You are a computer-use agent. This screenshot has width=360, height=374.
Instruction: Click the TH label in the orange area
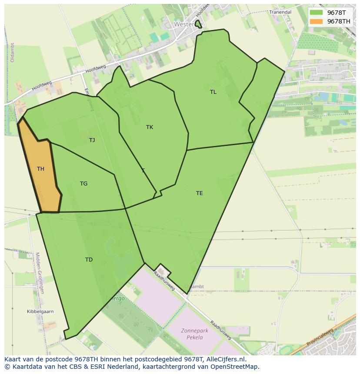[x=40, y=169]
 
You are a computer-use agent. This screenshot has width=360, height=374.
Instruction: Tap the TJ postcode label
[x=92, y=140]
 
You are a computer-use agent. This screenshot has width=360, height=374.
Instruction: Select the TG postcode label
[x=83, y=184]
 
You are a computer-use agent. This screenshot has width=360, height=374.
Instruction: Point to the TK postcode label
[x=150, y=127]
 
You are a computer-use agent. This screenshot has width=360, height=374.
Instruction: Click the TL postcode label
[x=213, y=92]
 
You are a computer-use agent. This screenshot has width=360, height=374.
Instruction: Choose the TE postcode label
[x=199, y=193]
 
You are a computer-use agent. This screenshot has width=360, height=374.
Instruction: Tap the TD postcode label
[x=89, y=260]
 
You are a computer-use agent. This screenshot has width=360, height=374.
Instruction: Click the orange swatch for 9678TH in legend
[x=316, y=21]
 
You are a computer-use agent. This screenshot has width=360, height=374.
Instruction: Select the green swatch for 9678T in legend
[x=316, y=13]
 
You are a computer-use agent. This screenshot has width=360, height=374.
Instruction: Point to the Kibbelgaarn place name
[x=40, y=312]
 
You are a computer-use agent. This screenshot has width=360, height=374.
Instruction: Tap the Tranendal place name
[x=280, y=12]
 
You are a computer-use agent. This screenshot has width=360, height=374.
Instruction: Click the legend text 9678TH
[x=338, y=21]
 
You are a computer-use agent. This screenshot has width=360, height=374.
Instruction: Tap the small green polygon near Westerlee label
[x=198, y=24]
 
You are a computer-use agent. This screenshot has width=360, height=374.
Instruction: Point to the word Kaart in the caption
[x=13, y=359]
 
